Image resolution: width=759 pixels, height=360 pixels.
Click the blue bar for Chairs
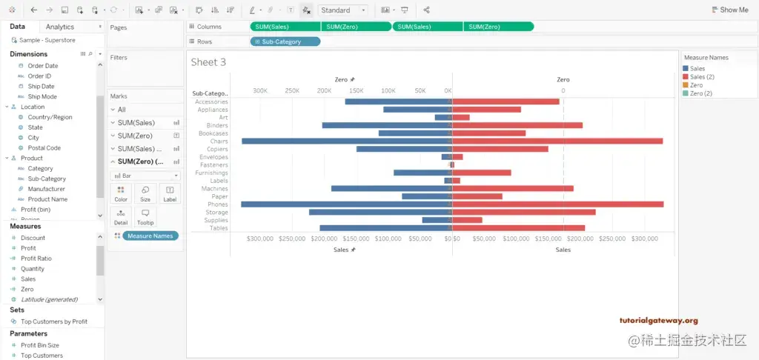347,141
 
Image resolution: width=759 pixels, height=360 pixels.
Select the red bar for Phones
557,204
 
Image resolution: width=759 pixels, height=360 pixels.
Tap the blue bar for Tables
385,228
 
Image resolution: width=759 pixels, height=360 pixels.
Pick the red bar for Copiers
500,149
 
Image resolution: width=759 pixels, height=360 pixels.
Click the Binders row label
217,125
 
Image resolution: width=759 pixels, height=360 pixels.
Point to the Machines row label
215,188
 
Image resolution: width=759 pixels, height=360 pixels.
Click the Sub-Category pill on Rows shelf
285,41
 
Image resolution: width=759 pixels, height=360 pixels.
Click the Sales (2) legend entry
702,77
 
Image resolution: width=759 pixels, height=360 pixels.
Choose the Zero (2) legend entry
700,93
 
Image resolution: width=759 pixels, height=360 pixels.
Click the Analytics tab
60,27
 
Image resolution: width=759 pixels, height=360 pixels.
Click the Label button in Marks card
170,193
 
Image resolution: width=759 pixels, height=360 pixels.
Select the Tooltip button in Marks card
145,216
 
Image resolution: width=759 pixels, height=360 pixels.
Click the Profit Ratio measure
36,259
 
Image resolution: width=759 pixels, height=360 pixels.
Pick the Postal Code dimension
44,148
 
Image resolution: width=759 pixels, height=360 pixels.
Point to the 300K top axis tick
260,90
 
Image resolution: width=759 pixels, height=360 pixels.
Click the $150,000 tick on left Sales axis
356,239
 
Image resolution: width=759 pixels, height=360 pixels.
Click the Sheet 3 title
208,62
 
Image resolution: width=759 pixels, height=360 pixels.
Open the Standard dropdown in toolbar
343,10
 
